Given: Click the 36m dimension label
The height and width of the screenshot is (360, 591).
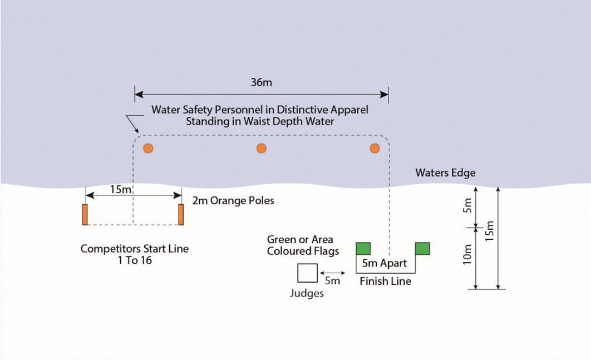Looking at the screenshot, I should [x=261, y=82].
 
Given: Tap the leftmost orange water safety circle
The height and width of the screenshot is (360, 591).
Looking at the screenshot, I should [x=147, y=148].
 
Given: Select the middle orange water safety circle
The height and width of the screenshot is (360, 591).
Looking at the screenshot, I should [x=261, y=148].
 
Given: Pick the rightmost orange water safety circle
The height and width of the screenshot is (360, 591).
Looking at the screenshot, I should [x=375, y=148].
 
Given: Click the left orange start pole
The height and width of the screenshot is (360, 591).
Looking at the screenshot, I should [x=85, y=214].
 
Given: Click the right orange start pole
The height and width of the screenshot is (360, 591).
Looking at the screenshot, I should [x=181, y=214].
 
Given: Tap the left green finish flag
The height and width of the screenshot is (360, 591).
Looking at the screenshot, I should [x=363, y=248].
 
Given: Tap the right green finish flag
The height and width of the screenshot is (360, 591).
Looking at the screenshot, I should [x=422, y=248].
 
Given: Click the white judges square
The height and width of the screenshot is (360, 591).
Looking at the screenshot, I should [x=307, y=273].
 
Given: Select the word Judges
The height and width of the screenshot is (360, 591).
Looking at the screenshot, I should [x=307, y=293].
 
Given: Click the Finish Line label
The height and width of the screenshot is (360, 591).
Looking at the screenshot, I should [x=385, y=282].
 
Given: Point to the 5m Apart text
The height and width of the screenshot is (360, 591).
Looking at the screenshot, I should [x=385, y=263].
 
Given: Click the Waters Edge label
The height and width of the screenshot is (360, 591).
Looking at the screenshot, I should [x=445, y=173].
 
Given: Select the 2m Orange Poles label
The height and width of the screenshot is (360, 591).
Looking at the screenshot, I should [x=233, y=200].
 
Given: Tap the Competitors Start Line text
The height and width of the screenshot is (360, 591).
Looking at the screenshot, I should [x=134, y=254].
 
